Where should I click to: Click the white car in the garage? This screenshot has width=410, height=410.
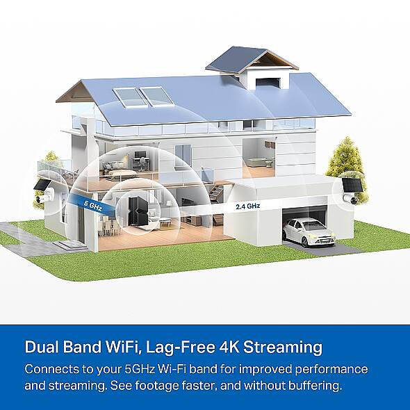coord(309,232)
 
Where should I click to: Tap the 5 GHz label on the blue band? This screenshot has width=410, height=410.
coord(93,206)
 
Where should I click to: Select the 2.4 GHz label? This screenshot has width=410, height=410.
coord(248,206)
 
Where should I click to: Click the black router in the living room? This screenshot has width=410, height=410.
coord(138,211)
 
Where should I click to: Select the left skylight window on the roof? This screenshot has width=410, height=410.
coord(130,97)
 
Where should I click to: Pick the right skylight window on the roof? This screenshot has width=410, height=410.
coord(157,96)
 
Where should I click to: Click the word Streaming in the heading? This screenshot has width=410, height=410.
coord(283,347)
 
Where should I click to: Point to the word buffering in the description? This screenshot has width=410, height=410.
coord(315,386)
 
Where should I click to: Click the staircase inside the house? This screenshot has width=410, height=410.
coord(216,193)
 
